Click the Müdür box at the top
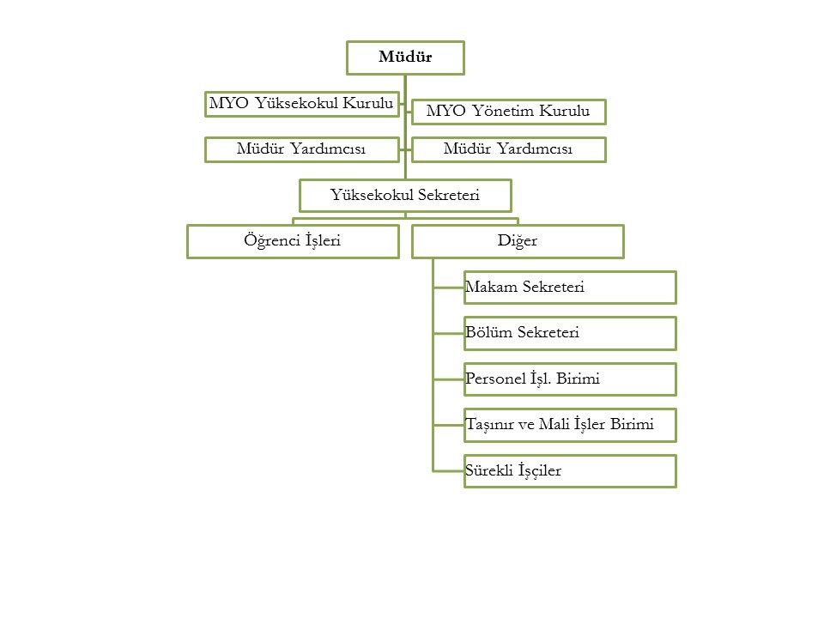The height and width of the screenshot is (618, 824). click(405, 58)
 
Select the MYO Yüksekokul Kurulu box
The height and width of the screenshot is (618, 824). click(301, 104)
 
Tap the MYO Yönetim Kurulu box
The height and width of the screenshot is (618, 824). click(509, 112)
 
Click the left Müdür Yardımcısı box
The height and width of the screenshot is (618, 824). click(301, 149)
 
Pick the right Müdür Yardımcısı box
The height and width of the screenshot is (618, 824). click(509, 149)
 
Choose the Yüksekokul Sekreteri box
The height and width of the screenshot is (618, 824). click(405, 196)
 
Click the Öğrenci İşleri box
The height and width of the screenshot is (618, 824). click(293, 242)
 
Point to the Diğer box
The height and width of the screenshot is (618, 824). click(518, 242)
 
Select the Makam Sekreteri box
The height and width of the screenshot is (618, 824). click(570, 288)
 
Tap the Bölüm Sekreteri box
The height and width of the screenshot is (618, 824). click(570, 333)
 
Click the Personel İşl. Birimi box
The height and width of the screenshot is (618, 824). click(570, 379)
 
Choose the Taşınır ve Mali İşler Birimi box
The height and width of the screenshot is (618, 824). click(570, 425)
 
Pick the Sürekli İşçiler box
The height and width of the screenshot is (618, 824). click(570, 471)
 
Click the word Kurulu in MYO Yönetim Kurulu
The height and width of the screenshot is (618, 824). click(565, 111)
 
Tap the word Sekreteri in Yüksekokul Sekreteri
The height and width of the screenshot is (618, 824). click(449, 195)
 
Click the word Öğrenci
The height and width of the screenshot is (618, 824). click(272, 240)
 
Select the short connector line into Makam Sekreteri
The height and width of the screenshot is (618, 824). click(449, 288)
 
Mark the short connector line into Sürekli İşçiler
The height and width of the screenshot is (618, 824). click(449, 471)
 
